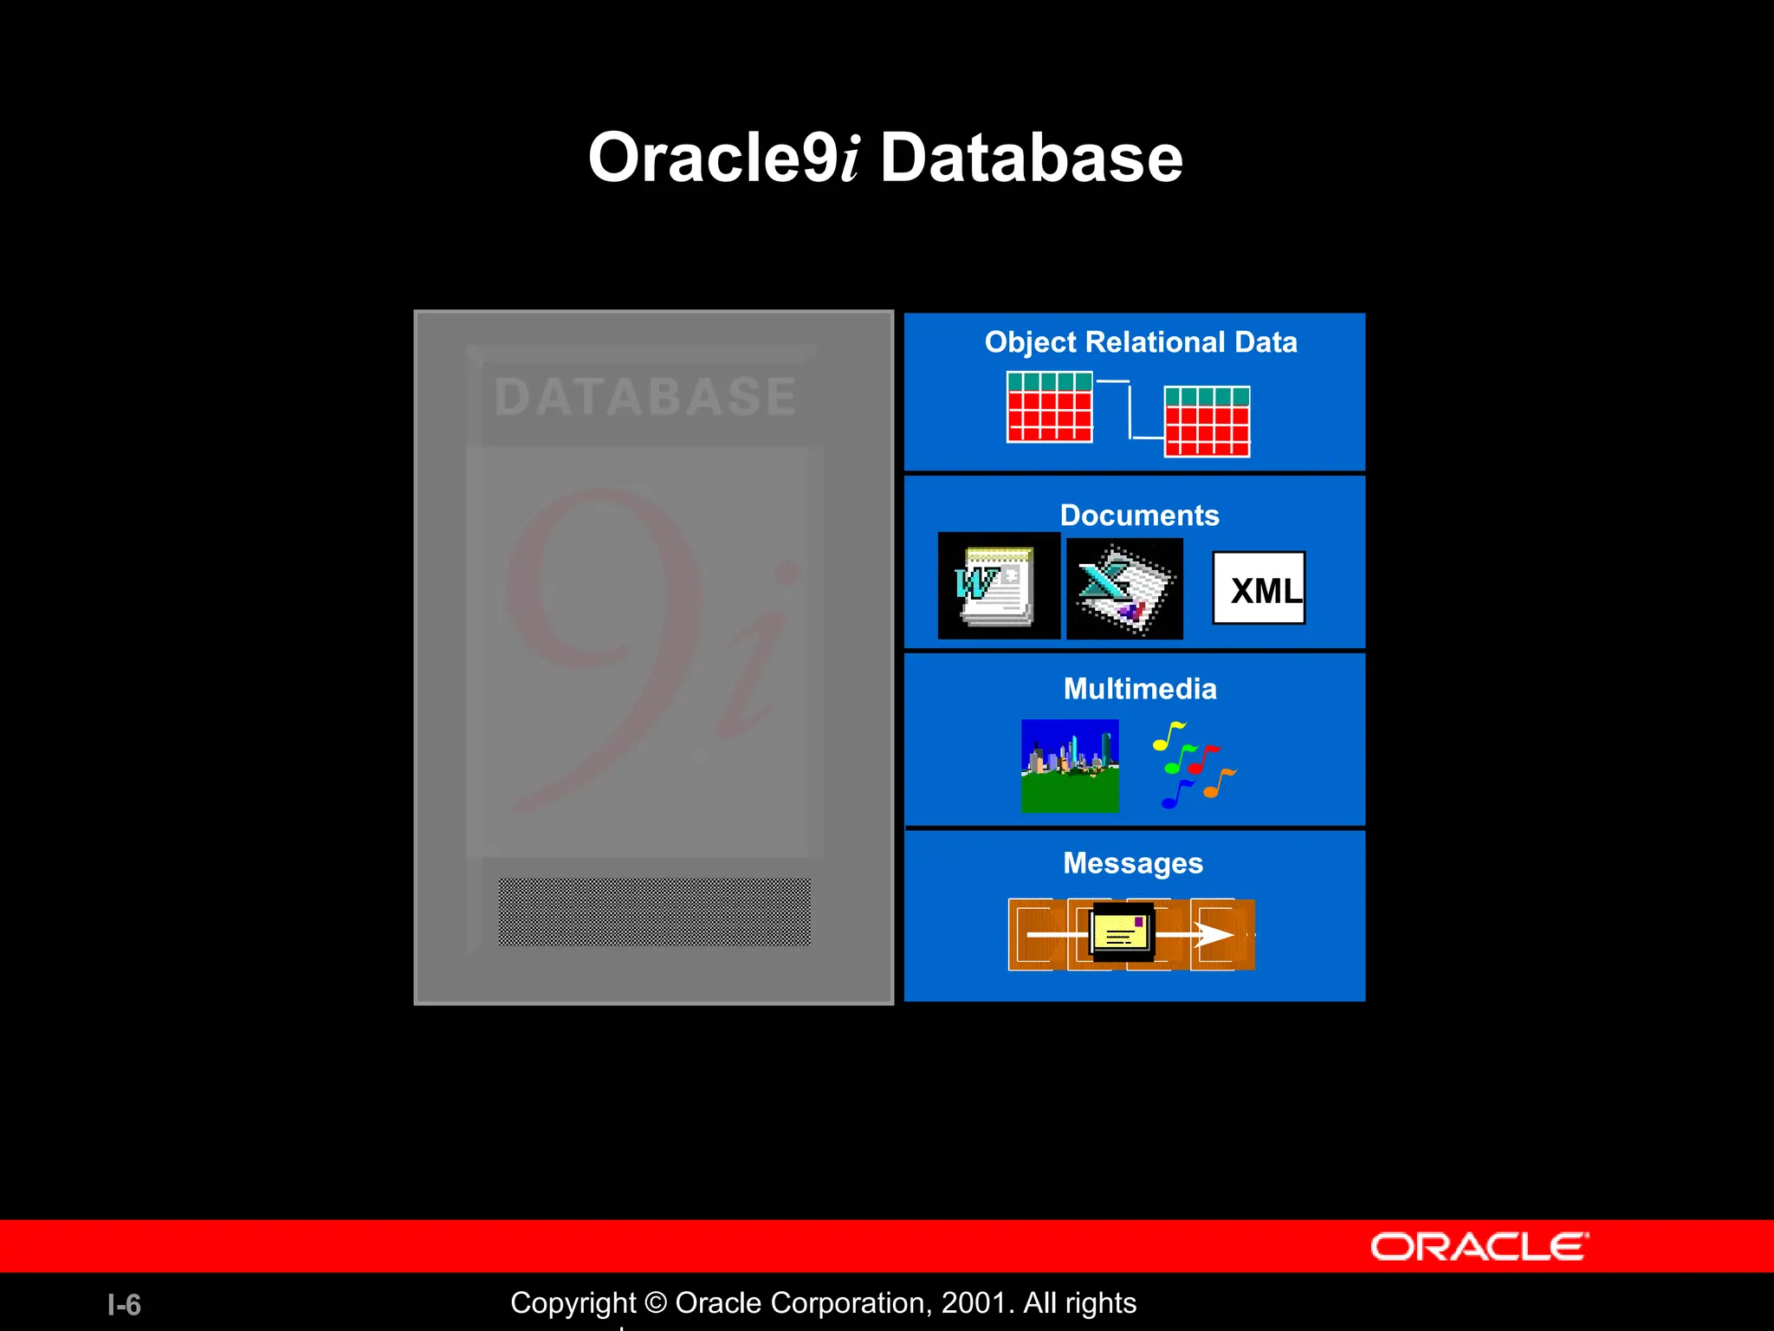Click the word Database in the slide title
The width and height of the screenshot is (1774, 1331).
click(1031, 158)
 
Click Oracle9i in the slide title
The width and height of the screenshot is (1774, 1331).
click(723, 158)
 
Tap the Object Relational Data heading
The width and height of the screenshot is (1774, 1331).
click(1140, 342)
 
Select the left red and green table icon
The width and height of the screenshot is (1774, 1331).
click(1049, 406)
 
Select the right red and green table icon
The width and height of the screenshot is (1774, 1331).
click(1207, 421)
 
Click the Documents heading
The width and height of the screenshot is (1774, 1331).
click(1139, 516)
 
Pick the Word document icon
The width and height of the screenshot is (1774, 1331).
click(998, 586)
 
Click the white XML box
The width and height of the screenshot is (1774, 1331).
click(1259, 588)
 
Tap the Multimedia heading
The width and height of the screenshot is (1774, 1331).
click(1139, 689)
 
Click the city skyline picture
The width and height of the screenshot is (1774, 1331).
click(1070, 766)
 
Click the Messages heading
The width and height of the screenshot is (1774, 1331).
click(1132, 863)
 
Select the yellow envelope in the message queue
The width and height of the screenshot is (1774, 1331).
click(1122, 932)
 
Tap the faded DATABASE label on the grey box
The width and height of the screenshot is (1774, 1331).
click(644, 397)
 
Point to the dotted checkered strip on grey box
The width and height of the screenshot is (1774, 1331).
click(654, 912)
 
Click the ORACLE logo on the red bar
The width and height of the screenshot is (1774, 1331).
click(1479, 1247)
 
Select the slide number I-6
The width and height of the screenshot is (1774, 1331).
click(124, 1305)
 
